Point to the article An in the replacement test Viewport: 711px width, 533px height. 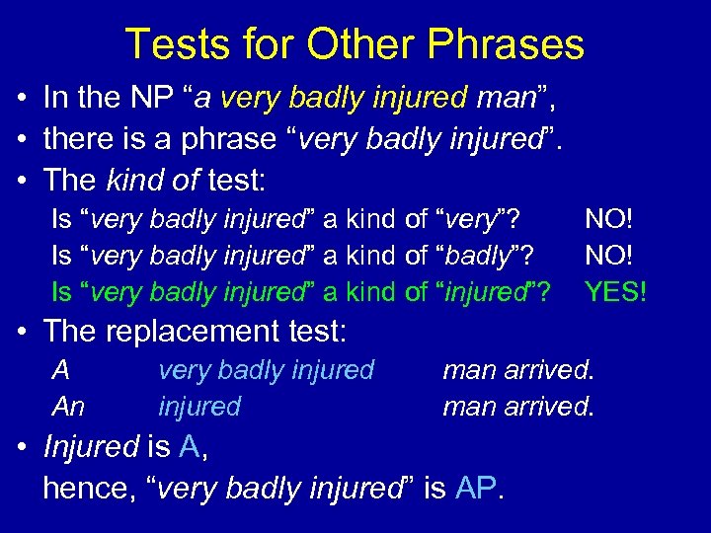point(68,406)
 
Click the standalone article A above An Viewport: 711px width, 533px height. point(61,370)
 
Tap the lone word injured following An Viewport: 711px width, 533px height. point(198,406)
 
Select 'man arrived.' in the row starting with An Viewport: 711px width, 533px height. point(518,406)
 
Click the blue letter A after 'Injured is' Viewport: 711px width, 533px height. point(191,447)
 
